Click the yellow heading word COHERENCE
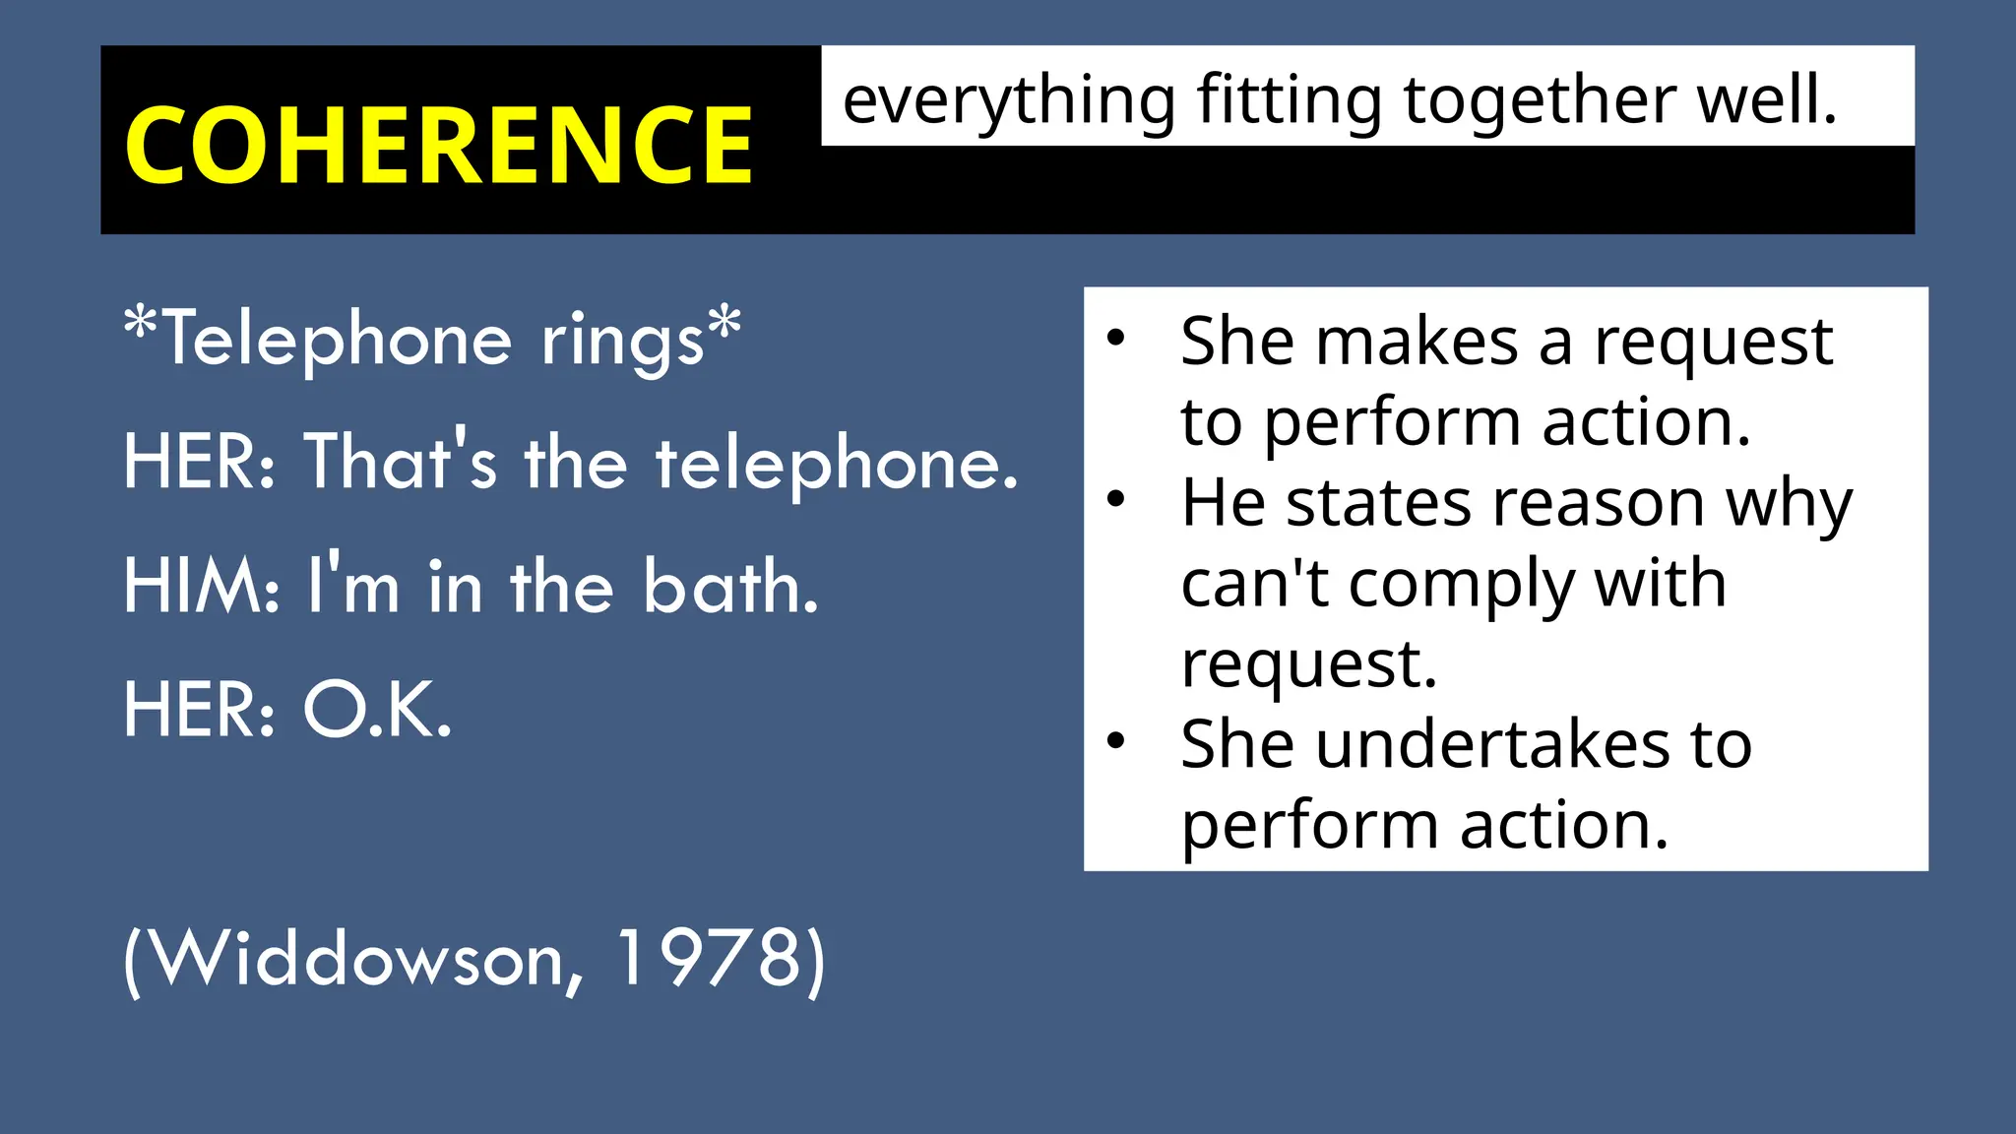[x=438, y=146]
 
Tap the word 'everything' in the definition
[x=1009, y=102]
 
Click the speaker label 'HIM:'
[x=202, y=587]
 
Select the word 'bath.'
[x=730, y=587]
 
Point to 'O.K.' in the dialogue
[x=377, y=710]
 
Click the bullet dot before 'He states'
[x=1115, y=499]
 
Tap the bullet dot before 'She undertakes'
[x=1115, y=740]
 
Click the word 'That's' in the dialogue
[x=402, y=463]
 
